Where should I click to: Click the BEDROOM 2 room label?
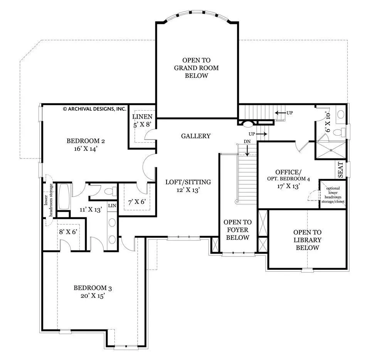86,141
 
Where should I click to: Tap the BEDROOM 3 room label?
93,288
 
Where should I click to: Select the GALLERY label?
196,136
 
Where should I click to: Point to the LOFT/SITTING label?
188,182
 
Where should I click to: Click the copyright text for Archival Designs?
95,109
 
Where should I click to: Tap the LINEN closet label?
142,116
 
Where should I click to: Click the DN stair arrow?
247,150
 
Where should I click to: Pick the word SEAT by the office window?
340,170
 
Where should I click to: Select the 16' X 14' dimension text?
86,149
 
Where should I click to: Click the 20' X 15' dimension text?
93,296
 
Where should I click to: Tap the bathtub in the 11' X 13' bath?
64,197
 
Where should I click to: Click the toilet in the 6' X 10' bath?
340,132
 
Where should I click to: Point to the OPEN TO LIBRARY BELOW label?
308,240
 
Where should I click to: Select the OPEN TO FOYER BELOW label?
238,230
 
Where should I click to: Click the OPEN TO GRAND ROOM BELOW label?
196,68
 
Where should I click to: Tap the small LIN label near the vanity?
112,206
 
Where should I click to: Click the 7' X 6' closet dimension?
137,202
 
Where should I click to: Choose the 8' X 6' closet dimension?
68,232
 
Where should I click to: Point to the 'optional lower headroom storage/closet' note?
333,195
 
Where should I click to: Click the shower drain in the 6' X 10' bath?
331,150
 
